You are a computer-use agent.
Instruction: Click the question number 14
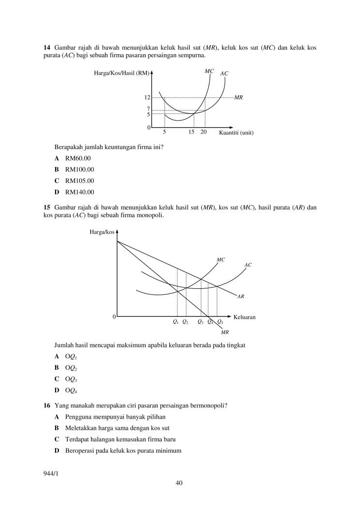[x=47, y=47]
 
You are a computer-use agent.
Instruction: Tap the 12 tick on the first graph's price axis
[x=147, y=97]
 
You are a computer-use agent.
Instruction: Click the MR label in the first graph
[x=238, y=97]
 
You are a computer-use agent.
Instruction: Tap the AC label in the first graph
[x=224, y=74]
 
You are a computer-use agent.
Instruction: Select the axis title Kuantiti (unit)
[x=237, y=133]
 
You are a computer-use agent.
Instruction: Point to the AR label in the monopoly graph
[x=240, y=296]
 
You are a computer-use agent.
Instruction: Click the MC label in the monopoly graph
[x=221, y=260]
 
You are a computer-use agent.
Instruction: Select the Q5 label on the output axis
[x=220, y=322]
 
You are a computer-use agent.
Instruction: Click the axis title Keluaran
[x=244, y=317]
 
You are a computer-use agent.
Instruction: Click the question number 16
[x=47, y=405]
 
